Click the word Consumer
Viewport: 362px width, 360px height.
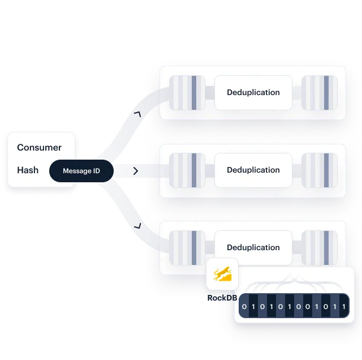point(39,148)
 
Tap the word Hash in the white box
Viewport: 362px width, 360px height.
point(28,170)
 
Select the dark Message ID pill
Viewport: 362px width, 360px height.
point(81,171)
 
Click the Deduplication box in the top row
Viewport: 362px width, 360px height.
point(253,92)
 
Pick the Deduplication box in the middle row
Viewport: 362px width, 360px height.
point(253,170)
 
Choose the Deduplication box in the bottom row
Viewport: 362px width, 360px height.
point(253,247)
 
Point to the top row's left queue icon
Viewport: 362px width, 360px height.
point(187,92)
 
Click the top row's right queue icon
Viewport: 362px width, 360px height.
point(320,92)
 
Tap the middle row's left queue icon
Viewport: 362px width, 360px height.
point(187,170)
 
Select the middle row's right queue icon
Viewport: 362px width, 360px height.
point(320,170)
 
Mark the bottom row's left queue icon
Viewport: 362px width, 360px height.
point(187,247)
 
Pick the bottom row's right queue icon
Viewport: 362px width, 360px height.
point(320,247)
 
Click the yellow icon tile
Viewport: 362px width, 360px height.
point(222,275)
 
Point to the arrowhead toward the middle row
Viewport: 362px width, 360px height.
point(135,170)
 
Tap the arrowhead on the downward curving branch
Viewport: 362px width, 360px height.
point(136,226)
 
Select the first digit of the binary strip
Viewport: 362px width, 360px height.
point(244,307)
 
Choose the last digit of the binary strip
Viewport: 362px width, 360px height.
point(343,307)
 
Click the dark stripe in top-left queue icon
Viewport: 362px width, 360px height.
point(194,92)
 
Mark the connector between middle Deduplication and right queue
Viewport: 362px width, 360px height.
point(297,170)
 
